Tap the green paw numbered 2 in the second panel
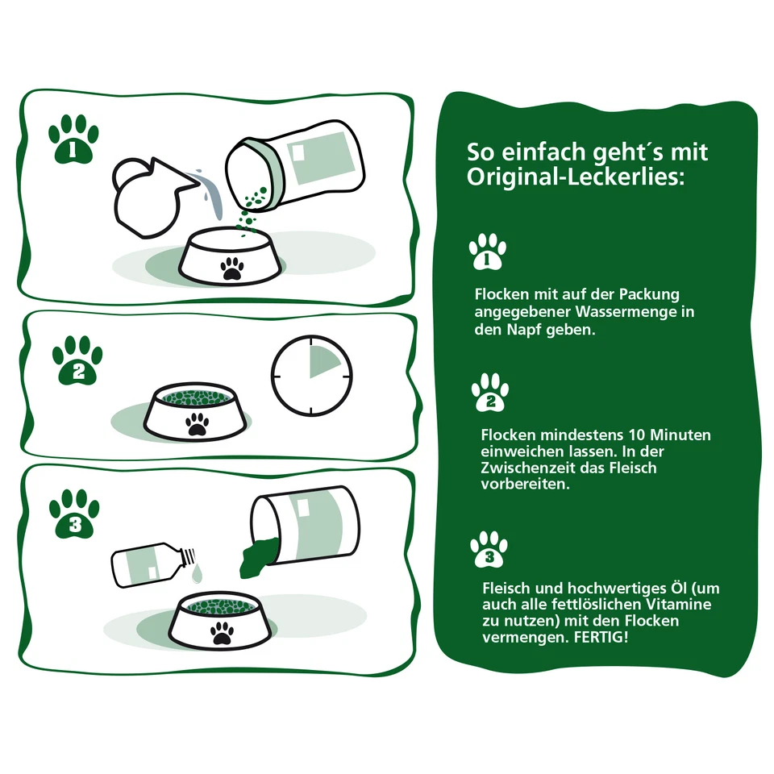[77, 361]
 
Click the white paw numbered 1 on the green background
[487, 252]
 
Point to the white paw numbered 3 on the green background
[489, 548]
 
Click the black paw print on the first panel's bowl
[233, 269]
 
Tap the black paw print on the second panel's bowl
[197, 424]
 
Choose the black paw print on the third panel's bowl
[222, 632]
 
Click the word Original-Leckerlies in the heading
[576, 177]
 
